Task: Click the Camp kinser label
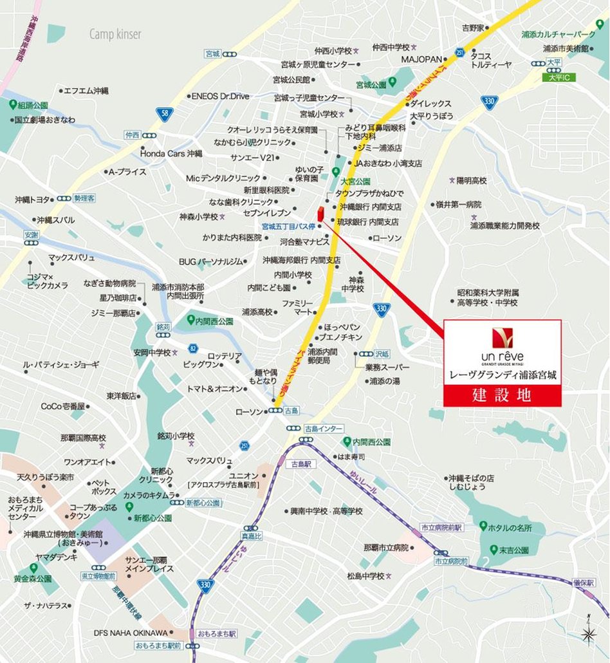pyautogui.click(x=115, y=34)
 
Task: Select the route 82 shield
pyautogui.click(x=192, y=348)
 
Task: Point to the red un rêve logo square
pyautogui.click(x=502, y=337)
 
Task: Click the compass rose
pyautogui.click(x=587, y=634)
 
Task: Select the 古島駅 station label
pyautogui.click(x=300, y=463)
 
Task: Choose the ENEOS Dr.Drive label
pyautogui.click(x=220, y=96)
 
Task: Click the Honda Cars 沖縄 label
pyautogui.click(x=171, y=154)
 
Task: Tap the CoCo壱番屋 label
pyautogui.click(x=63, y=406)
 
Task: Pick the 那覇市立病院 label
pyautogui.click(x=386, y=548)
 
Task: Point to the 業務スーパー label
pyautogui.click(x=383, y=367)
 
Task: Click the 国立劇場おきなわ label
pyautogui.click(x=44, y=120)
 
